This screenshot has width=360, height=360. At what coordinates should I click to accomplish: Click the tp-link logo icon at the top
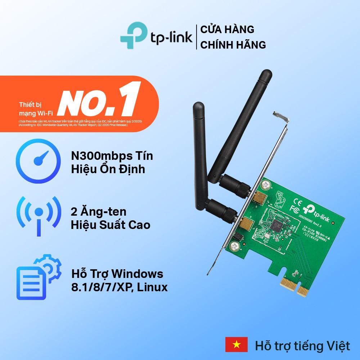point(134,35)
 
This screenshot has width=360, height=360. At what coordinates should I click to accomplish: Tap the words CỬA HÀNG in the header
point(227,29)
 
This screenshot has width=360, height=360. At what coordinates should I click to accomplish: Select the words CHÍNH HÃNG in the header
point(233,45)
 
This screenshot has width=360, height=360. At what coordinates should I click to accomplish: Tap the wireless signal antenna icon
point(39,215)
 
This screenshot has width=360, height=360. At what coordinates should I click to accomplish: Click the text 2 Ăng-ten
point(99,212)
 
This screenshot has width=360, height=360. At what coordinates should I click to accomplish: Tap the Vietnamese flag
point(236,345)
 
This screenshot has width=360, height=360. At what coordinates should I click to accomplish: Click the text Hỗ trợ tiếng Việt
point(302,346)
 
